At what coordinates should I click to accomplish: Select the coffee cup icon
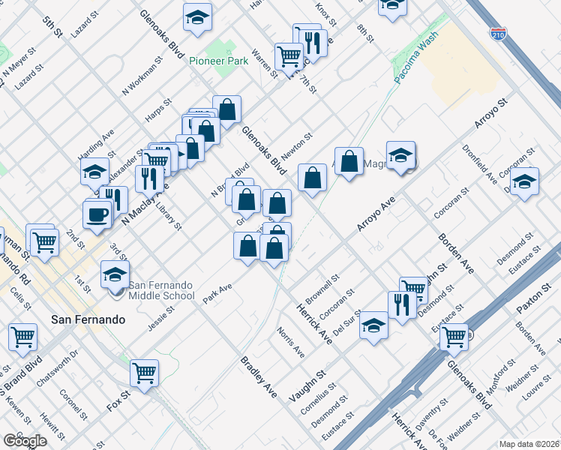[96, 214]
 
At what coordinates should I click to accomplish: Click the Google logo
[24, 440]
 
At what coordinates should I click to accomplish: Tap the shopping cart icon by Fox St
[144, 372]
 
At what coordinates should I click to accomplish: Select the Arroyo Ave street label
[376, 214]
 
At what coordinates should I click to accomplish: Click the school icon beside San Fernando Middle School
[115, 274]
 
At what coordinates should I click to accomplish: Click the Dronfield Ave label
[480, 163]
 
